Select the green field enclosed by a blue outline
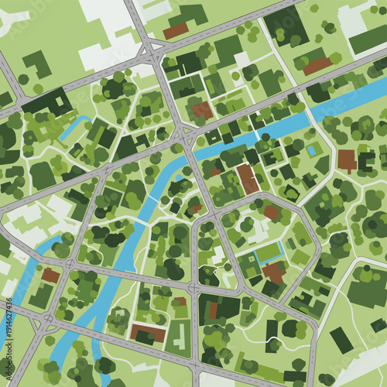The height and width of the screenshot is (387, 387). point(267,252)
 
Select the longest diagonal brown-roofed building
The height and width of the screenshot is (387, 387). point(248,179)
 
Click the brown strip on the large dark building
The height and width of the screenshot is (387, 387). point(213,310)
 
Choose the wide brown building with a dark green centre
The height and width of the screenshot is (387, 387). point(148,334)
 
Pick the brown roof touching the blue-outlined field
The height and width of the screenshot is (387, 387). point(273,271)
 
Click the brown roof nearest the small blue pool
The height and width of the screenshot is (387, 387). point(347,160)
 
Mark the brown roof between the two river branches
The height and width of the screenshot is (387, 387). point(51,275)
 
